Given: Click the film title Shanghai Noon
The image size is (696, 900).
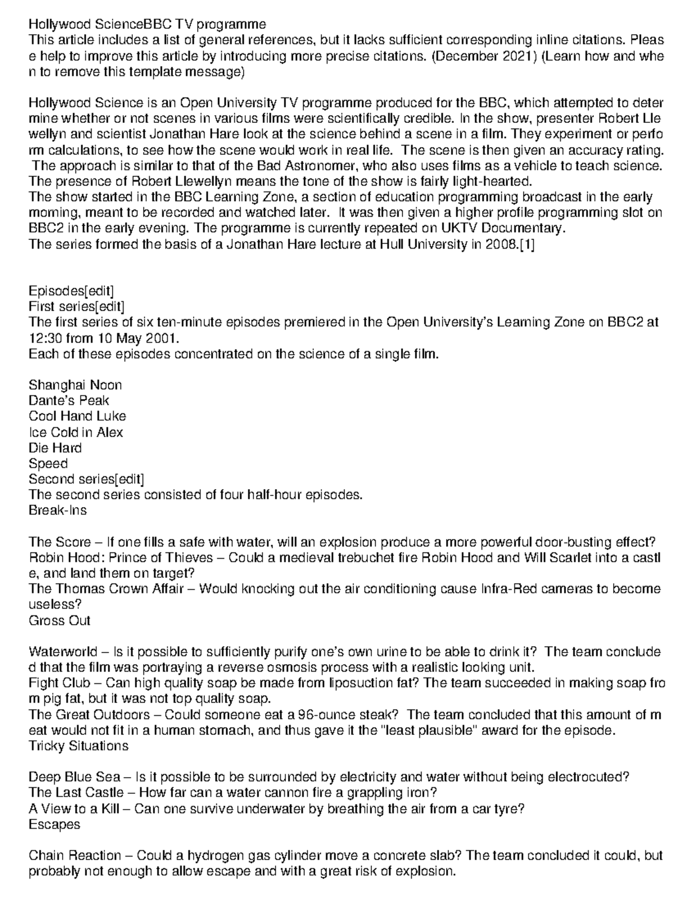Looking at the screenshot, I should coord(75,385).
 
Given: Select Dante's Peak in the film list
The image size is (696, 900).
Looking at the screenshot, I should coord(69,400).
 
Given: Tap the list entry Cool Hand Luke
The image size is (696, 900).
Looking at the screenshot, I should coord(77,416).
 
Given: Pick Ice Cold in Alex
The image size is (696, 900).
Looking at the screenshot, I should coord(76,432).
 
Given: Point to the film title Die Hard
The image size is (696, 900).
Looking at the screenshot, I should coord(55,447).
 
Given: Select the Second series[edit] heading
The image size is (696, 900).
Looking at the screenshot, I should coord(86,479).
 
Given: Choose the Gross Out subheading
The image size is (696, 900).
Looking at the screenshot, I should coord(60,621).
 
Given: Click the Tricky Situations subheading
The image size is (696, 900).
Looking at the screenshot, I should coord(78,746).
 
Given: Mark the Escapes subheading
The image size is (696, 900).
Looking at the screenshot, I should coord(55,824).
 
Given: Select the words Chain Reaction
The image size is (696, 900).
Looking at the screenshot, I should coord(75,855).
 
